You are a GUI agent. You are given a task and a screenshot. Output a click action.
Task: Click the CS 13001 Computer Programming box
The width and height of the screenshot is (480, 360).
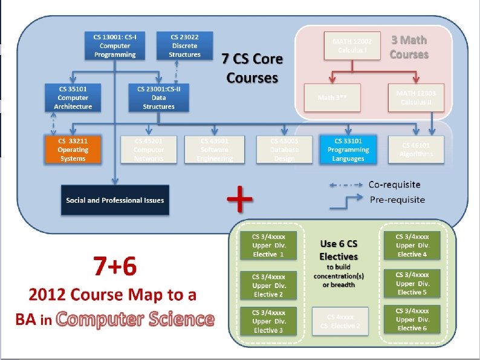115,45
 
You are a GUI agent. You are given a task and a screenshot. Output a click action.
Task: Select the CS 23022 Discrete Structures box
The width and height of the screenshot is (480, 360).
184,45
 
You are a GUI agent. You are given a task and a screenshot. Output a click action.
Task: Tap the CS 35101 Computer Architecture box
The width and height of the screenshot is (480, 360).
73,97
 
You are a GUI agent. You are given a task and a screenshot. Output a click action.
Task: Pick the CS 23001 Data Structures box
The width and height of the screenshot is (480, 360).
159,97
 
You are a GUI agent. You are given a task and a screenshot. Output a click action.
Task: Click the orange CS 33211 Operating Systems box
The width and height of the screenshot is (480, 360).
73,149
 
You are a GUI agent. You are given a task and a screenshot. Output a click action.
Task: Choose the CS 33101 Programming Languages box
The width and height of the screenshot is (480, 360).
348,149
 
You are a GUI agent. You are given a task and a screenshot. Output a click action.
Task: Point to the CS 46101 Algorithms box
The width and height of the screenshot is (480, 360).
416,149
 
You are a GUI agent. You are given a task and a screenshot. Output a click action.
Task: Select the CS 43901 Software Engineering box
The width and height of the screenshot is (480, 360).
215,149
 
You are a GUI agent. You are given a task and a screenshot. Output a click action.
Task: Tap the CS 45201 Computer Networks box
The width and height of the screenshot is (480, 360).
149,149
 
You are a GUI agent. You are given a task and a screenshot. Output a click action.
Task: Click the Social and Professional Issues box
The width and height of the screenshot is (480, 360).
115,200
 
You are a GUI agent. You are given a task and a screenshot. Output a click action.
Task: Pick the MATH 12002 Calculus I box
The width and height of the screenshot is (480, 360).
352,45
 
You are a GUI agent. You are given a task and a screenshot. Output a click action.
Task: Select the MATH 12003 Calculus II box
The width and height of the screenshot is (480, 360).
416,97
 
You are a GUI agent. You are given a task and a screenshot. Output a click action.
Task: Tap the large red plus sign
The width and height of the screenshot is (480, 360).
240,199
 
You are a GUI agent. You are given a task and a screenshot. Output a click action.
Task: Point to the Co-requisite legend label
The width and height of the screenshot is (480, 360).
395,184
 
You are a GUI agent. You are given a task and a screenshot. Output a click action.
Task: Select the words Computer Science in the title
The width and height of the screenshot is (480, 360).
135,319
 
